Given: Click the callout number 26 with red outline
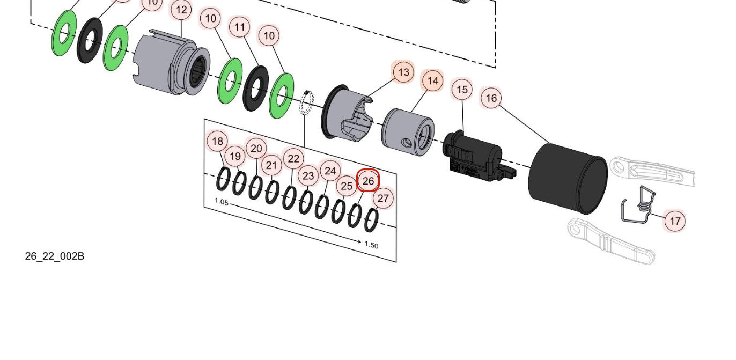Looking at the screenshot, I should pos(368,181).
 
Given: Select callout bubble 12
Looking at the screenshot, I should pos(181,10).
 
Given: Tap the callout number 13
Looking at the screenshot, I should pos(403,72).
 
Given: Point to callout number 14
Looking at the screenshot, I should pos(433,81).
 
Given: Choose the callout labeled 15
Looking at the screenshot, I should pos(462,90).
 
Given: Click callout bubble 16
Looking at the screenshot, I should pos(491,98).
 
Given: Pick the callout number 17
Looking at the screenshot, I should pos(675,221).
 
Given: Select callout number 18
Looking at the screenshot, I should pos(217,142).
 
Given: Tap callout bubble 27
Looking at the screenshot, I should pos(382,198).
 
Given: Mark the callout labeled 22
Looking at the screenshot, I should pos(293,159).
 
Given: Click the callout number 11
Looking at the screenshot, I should pos(240,27).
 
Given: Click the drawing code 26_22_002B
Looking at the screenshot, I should pos(54,256).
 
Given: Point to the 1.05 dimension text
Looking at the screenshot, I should pos(222,202).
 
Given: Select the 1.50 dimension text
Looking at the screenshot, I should pos(371,245).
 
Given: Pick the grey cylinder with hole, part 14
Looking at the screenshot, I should pos(408,132).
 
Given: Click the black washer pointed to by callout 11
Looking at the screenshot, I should pos(256,89).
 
